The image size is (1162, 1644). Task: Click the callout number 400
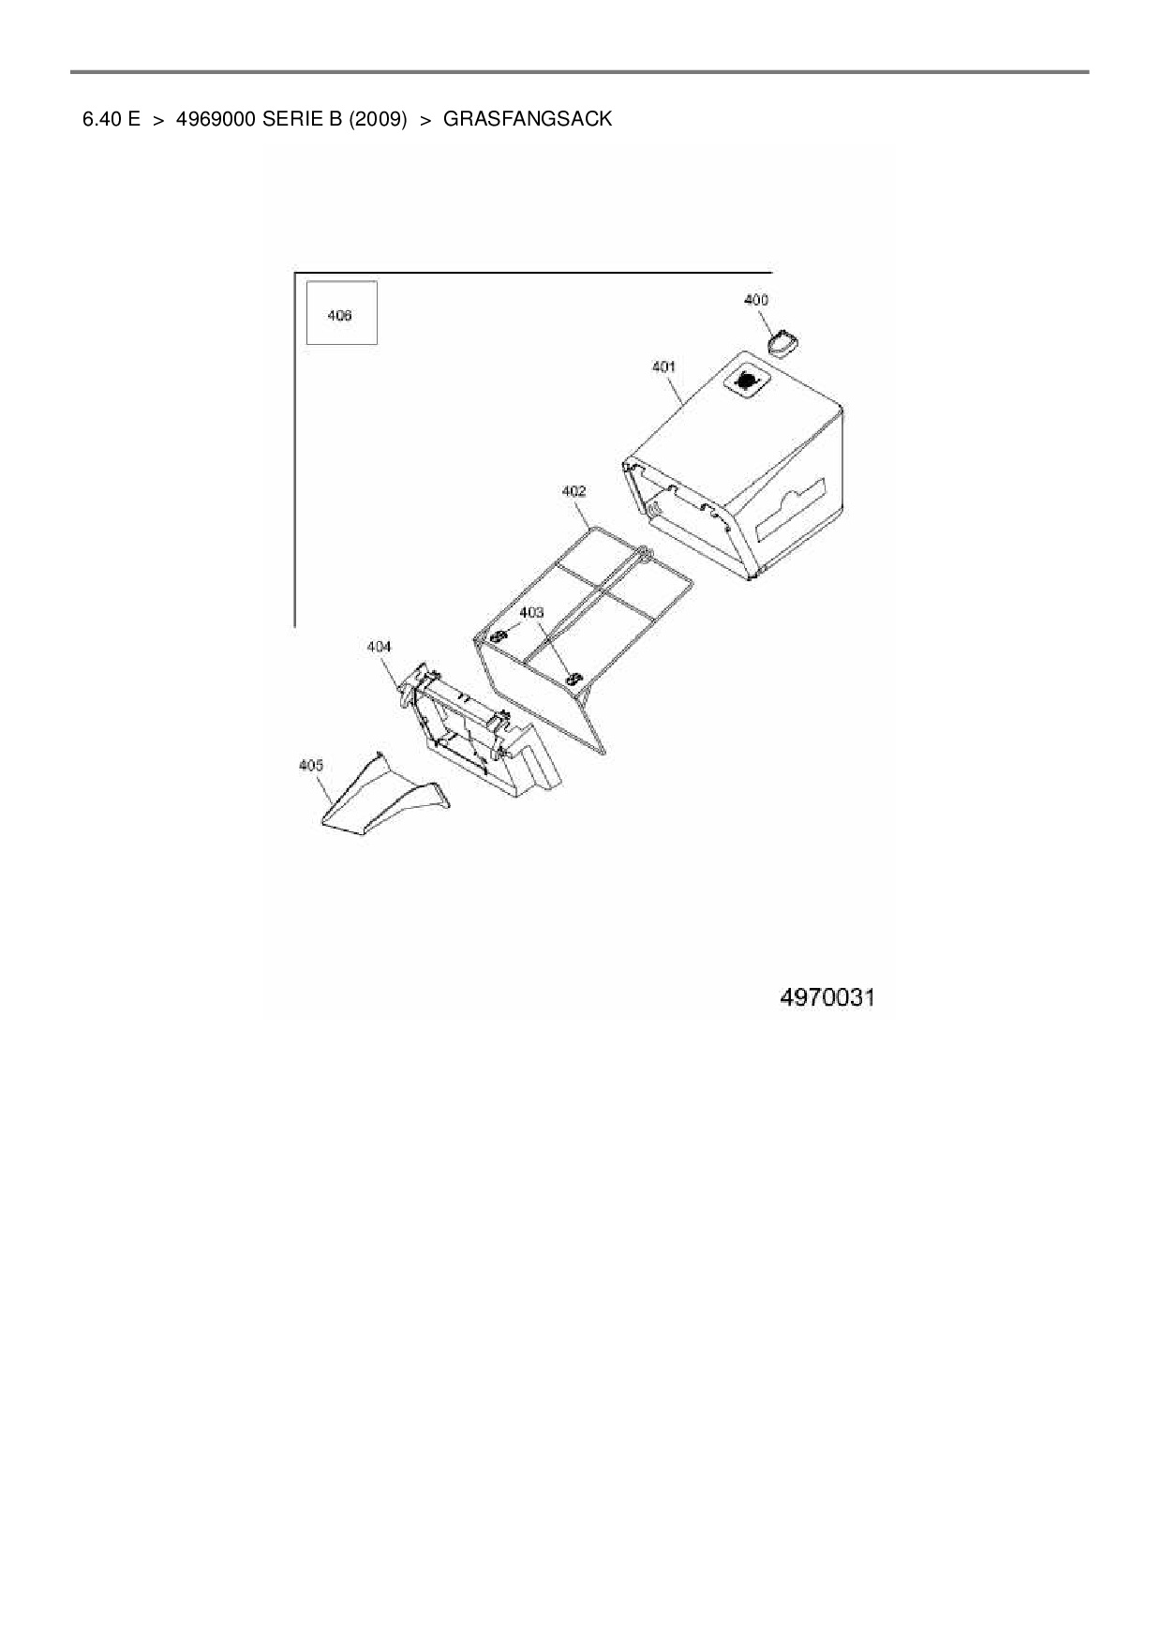coord(755,300)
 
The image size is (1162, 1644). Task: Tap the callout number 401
coord(663,367)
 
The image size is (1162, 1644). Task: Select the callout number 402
coord(574,491)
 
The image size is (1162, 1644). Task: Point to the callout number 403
coord(531,612)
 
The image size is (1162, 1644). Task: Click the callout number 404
coord(379,647)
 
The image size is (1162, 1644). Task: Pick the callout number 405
coord(310,766)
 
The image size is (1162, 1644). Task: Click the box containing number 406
coord(342,313)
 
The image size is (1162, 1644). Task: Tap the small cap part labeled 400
coord(782,343)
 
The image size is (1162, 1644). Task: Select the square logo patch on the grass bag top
coord(748,381)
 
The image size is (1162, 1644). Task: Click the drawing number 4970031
coord(827,997)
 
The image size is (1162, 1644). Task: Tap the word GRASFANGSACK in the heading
coord(527,119)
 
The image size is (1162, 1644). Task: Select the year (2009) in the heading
coord(378,119)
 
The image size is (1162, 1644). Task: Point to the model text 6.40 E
coord(112,119)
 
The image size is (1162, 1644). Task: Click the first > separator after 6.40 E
coord(158,120)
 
